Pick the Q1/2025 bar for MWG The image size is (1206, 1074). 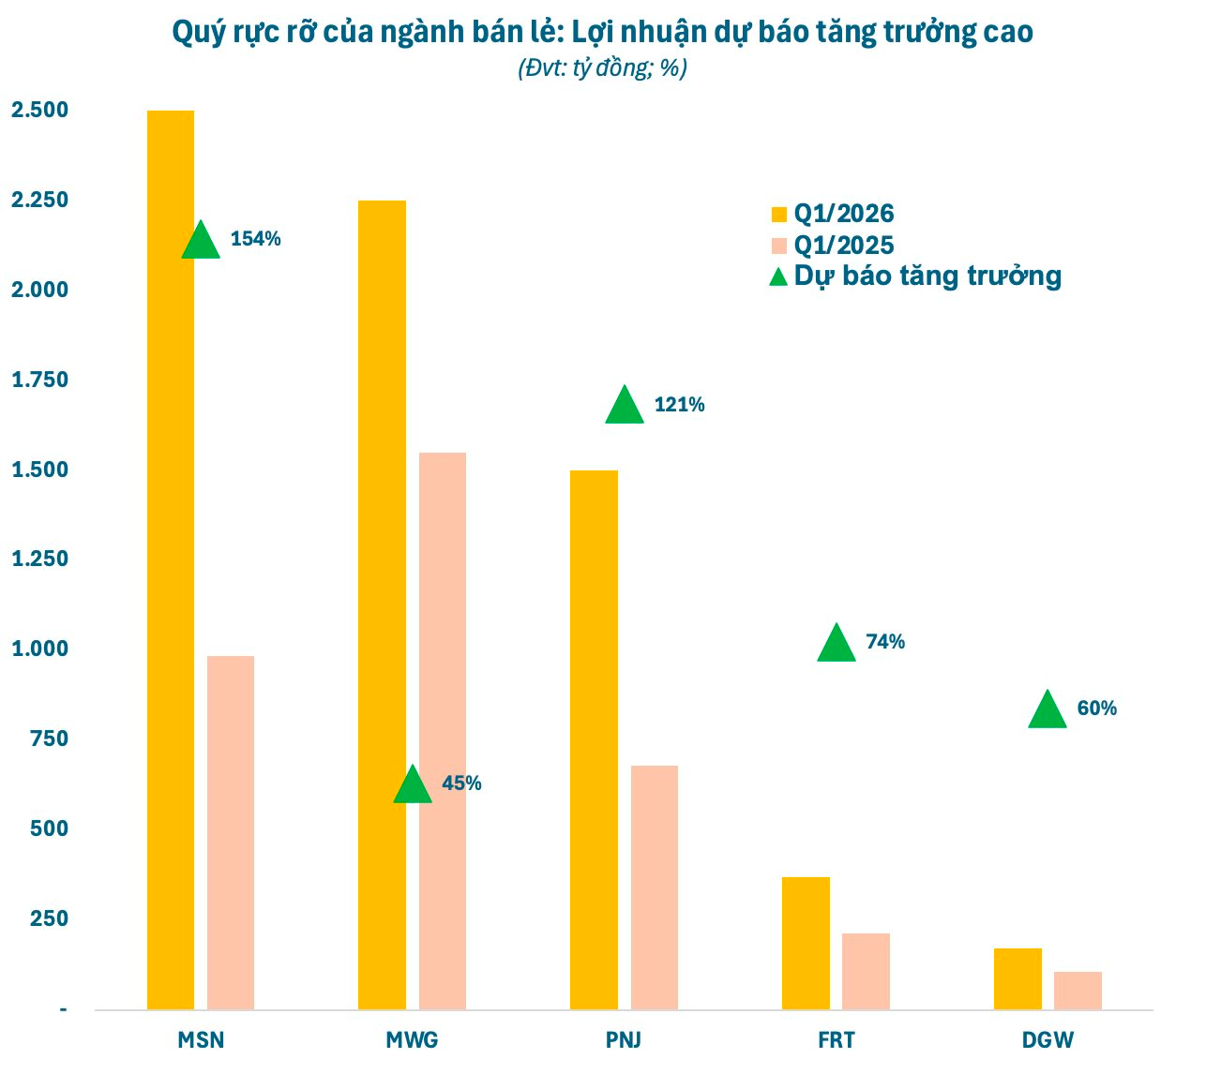[443, 731]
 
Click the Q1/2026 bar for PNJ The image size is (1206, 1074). [595, 739]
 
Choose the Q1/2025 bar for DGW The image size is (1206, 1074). [1078, 991]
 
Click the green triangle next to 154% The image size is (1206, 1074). [201, 241]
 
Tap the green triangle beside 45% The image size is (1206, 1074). [413, 785]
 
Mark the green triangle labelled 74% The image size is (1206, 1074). [837, 644]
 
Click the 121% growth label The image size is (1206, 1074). [680, 405]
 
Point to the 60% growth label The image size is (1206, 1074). [1097, 709]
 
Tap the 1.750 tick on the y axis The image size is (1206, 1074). [40, 380]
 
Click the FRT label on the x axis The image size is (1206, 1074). [836, 1040]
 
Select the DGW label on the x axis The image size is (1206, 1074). [1048, 1040]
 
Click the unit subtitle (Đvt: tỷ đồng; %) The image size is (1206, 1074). [602, 68]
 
